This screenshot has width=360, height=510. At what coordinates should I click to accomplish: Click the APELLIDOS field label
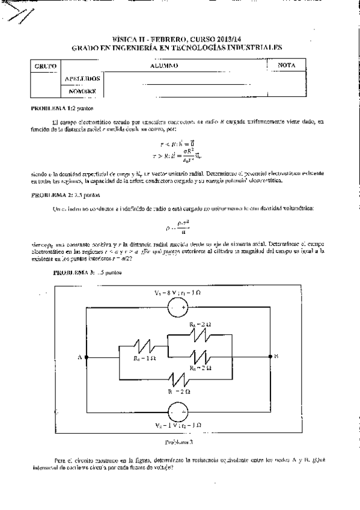coord(82,78)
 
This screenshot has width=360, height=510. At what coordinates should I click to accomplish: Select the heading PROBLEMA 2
coord(50,195)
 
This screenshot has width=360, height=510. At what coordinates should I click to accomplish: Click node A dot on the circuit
coord(88,357)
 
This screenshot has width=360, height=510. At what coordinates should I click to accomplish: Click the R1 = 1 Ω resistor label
coord(145,358)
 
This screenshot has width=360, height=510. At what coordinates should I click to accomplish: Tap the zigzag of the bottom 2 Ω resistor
coord(178,379)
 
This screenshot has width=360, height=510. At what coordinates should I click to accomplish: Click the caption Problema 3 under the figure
coord(178,442)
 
